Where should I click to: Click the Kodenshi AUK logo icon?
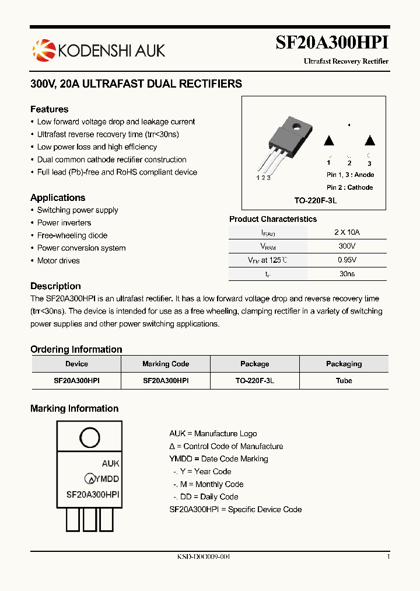pyautogui.click(x=43, y=50)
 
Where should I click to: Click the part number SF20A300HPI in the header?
pyautogui.click(x=331, y=43)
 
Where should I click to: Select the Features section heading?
pyautogui.click(x=50, y=109)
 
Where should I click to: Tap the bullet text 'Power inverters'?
pyautogui.click(x=64, y=223)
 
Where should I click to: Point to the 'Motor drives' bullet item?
pyautogui.click(x=58, y=260)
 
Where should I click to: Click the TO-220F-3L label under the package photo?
pyautogui.click(x=316, y=200)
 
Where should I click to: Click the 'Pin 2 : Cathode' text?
pyautogui.click(x=350, y=187)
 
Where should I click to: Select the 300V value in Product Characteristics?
pyautogui.click(x=347, y=246)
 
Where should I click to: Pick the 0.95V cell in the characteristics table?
pyautogui.click(x=347, y=260)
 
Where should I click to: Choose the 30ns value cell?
pyautogui.click(x=347, y=273)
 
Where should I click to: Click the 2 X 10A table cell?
pyautogui.click(x=347, y=232)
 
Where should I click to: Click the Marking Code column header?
pyautogui.click(x=166, y=364)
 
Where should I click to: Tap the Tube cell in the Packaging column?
pyautogui.click(x=344, y=380)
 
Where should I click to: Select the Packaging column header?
pyautogui.click(x=344, y=364)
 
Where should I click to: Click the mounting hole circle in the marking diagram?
pyautogui.click(x=89, y=437)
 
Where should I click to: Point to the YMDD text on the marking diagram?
pyautogui.click(x=107, y=479)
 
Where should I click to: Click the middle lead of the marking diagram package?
pyautogui.click(x=90, y=519)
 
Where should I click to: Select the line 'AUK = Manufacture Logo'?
pyautogui.click(x=213, y=433)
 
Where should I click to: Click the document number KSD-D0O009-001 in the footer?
pyautogui.click(x=204, y=557)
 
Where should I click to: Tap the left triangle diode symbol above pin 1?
pyautogui.click(x=328, y=140)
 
